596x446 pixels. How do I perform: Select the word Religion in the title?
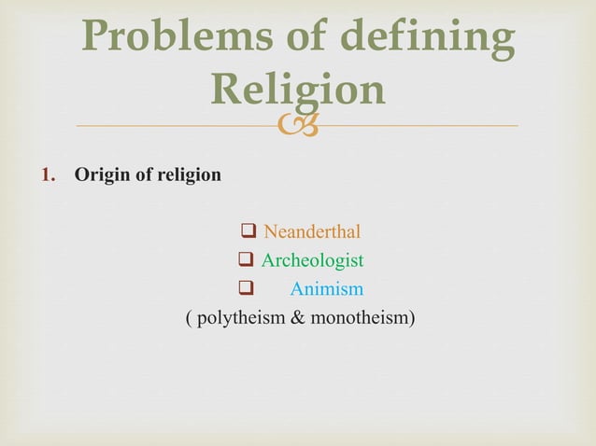click(298, 90)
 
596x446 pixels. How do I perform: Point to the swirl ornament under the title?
click(298, 125)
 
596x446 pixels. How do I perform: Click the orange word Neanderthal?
click(312, 231)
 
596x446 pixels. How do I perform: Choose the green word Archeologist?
click(312, 260)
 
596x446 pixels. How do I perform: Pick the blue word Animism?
click(326, 289)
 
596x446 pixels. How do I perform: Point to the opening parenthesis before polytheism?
click(191, 319)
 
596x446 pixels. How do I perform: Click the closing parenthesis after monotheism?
click(412, 319)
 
